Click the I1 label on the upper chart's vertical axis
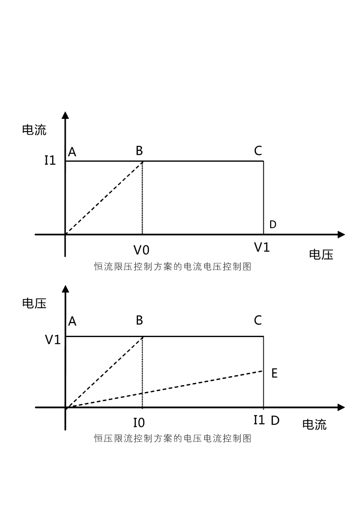50,160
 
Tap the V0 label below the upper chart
141,250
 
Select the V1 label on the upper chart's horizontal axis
262,248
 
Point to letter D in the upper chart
273,224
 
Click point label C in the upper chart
258,151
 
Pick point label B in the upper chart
139,151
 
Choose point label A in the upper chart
72,152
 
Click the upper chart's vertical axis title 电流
34,130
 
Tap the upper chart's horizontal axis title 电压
321,254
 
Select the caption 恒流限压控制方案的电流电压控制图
173,266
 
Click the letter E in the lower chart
275,373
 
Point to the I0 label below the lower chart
139,423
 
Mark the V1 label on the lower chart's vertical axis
53,340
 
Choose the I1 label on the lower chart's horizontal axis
259,420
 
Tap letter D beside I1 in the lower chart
275,421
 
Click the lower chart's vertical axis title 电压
34,303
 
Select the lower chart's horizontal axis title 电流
314,425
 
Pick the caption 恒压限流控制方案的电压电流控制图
173,439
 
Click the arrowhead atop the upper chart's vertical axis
65,115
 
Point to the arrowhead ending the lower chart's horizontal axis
341,407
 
